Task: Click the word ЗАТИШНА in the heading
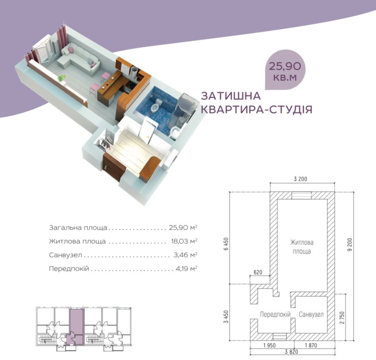pos(230,96)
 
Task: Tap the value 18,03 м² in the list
pos(183,241)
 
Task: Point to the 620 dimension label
pos(258,272)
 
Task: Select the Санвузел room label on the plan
pos(311,314)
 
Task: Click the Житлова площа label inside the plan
pos(301,246)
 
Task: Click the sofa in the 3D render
pos(81,58)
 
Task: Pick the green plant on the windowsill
pos(62,78)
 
